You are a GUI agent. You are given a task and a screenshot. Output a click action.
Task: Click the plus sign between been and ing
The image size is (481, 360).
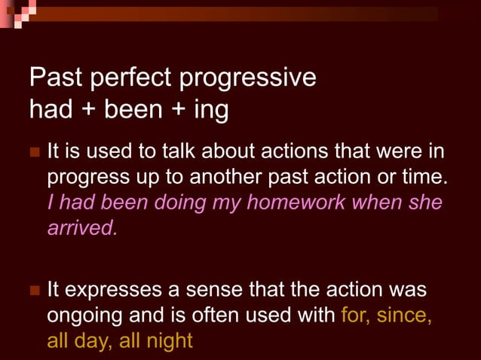click(178, 111)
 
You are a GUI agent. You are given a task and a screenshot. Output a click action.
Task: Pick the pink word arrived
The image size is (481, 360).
click(82, 228)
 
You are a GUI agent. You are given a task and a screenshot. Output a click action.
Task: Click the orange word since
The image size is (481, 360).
click(403, 315)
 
